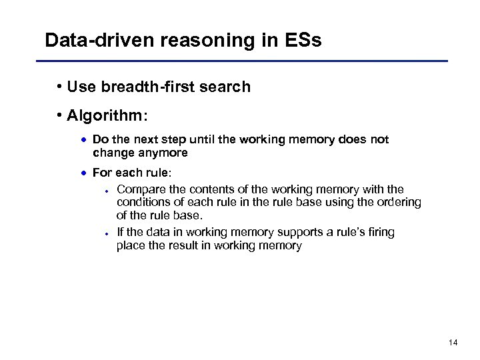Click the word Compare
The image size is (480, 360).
pos(139,189)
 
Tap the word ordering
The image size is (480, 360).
pos(399,202)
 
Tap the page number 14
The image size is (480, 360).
pos(453,343)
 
